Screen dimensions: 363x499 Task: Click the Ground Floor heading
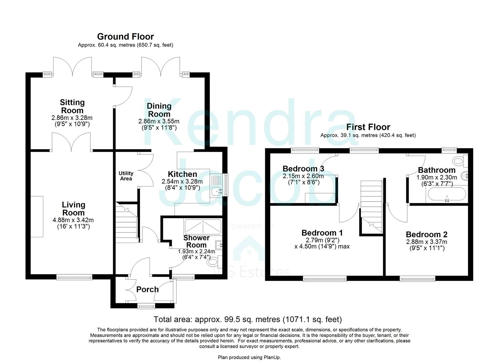click(x=125, y=36)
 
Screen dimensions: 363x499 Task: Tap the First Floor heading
click(x=368, y=127)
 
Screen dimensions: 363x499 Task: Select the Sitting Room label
click(x=72, y=106)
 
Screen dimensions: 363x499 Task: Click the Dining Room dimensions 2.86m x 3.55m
click(x=159, y=121)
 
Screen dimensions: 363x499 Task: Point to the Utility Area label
click(x=126, y=176)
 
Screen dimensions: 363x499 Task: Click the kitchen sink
click(x=217, y=191)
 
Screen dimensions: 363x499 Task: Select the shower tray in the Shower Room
click(x=203, y=227)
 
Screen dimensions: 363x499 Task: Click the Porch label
click(x=148, y=289)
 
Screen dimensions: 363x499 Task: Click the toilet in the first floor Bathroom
click(x=459, y=160)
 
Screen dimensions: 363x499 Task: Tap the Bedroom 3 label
click(x=303, y=168)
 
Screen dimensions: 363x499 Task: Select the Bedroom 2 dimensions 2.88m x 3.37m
click(x=426, y=242)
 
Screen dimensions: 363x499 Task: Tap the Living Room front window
click(x=74, y=277)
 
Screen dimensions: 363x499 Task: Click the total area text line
click(x=247, y=319)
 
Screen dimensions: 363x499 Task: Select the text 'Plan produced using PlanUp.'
click(x=249, y=357)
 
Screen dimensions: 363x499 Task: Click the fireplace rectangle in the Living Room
click(x=38, y=217)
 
